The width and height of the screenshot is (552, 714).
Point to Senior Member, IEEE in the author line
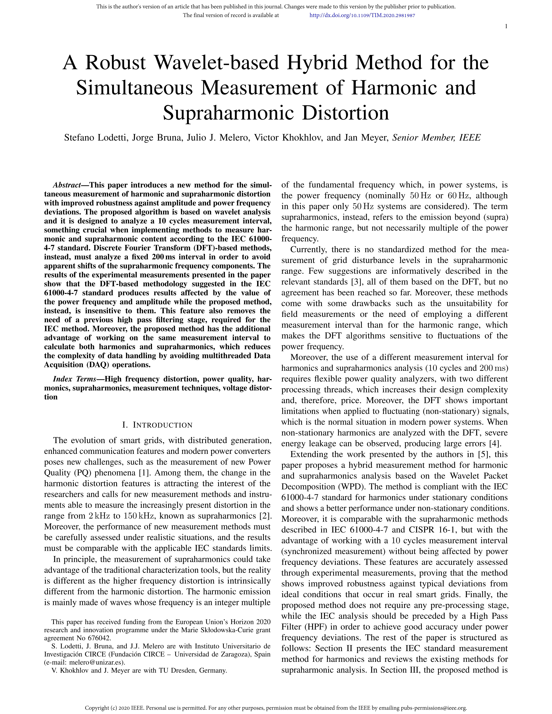point(437,138)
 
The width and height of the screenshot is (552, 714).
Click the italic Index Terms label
point(74,379)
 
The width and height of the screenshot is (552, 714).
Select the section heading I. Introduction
point(157,425)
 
